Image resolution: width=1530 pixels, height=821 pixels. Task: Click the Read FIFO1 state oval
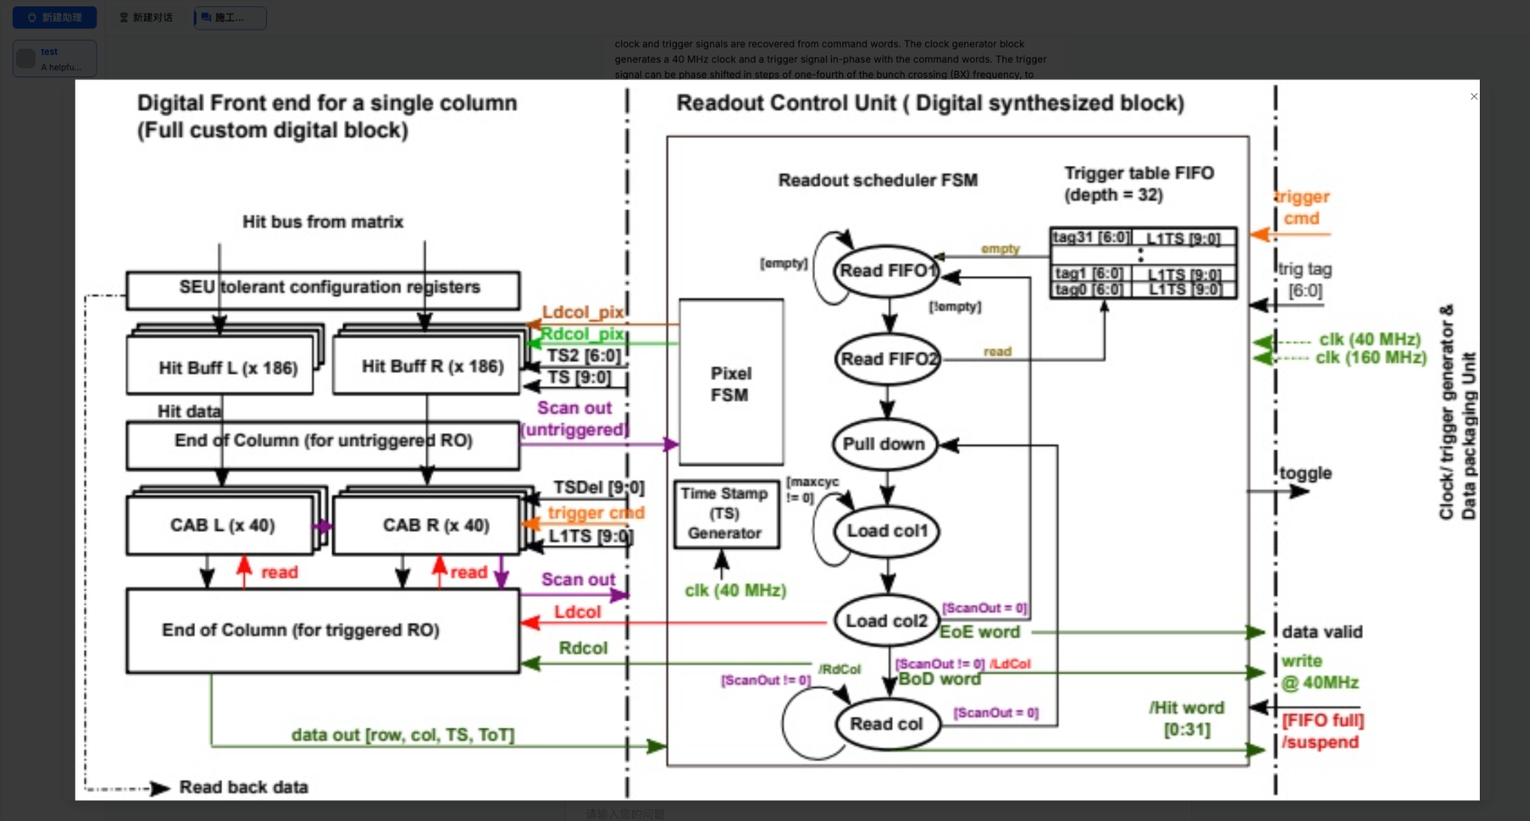pyautogui.click(x=885, y=271)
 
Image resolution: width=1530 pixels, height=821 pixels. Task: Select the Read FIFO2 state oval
pyautogui.click(x=888, y=359)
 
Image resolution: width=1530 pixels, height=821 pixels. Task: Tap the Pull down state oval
pyautogui.click(x=885, y=444)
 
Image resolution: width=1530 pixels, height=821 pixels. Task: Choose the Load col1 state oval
pyautogui.click(x=887, y=531)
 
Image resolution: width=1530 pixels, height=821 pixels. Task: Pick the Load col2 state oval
pyautogui.click(x=886, y=621)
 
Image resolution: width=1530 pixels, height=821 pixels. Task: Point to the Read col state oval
pyautogui.click(x=886, y=724)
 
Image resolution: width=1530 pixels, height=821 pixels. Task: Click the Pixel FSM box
pyautogui.click(x=731, y=383)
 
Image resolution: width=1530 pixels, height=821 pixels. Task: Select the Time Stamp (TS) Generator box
pyautogui.click(x=725, y=514)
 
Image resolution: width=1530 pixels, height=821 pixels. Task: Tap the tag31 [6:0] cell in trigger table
pyautogui.click(x=1090, y=238)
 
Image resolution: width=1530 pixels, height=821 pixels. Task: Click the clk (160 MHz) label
pyautogui.click(x=1371, y=358)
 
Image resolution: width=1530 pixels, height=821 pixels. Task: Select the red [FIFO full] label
pyautogui.click(x=1323, y=721)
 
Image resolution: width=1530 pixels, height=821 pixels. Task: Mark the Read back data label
pyautogui.click(x=243, y=788)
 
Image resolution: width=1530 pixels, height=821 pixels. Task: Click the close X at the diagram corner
pyautogui.click(x=1474, y=96)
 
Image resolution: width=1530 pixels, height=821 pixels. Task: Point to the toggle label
pyautogui.click(x=1305, y=473)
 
